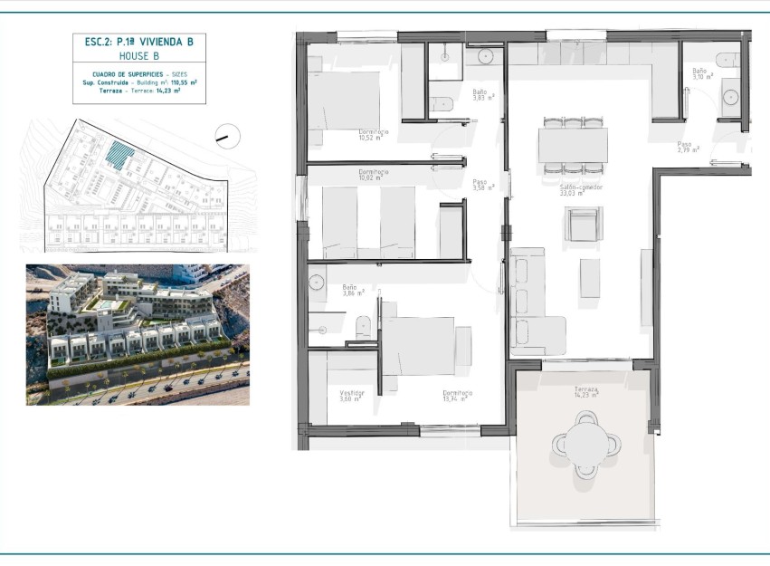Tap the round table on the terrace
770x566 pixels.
[587, 443]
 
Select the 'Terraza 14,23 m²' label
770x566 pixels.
[586, 391]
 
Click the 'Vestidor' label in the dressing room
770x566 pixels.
[351, 396]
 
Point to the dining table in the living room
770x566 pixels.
[572, 145]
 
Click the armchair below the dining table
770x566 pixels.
[583, 224]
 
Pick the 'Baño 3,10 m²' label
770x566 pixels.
[702, 73]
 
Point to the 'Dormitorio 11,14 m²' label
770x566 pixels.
[458, 396]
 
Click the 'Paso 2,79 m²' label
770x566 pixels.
[685, 147]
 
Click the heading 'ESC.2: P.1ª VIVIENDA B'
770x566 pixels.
[133, 41]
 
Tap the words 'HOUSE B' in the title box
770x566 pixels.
[133, 55]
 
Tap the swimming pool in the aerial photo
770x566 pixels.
[106, 308]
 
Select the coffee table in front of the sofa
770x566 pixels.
[590, 278]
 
